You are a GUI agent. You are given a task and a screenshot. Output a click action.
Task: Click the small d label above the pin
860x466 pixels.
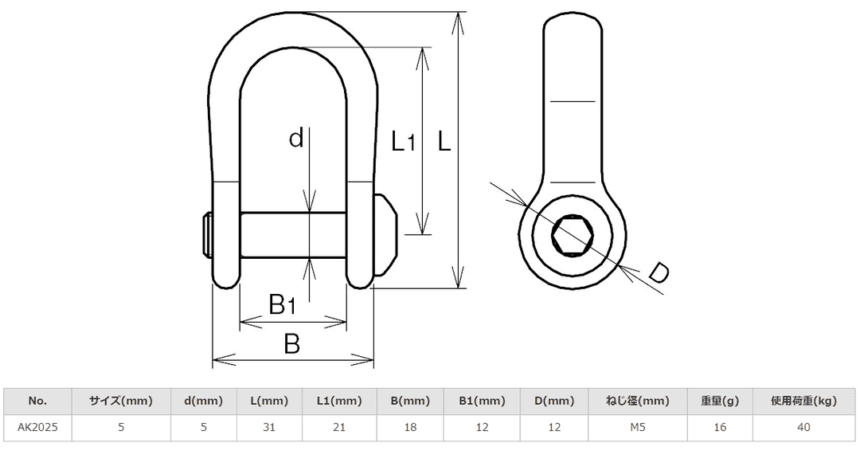(x=296, y=139)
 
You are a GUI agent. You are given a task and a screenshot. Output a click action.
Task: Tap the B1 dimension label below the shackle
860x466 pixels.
(x=283, y=303)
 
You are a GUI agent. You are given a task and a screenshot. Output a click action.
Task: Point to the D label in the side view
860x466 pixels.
(x=658, y=272)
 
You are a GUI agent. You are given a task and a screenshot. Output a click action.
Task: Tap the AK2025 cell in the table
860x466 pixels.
(x=37, y=428)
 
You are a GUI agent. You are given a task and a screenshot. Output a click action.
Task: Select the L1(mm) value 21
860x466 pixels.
(x=338, y=428)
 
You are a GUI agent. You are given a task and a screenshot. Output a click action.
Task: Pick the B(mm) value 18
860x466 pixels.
(x=410, y=428)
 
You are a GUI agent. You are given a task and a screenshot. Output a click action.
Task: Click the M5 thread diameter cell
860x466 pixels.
(x=638, y=428)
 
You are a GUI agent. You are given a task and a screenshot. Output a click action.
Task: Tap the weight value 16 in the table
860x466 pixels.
(x=721, y=428)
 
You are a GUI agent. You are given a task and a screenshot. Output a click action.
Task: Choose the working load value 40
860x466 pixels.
(x=803, y=428)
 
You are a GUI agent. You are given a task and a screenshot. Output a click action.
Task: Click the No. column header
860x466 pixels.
(x=37, y=401)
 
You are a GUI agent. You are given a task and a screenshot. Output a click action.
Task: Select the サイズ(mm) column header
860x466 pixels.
(x=120, y=401)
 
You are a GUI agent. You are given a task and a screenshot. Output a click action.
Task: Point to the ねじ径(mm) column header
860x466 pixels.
(x=638, y=401)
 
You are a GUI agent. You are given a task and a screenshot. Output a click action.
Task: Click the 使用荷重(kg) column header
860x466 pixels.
(x=803, y=401)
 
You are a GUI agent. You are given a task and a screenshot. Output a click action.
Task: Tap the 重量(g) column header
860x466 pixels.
(x=721, y=401)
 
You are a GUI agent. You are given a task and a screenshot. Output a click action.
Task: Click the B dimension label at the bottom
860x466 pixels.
(x=292, y=344)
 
